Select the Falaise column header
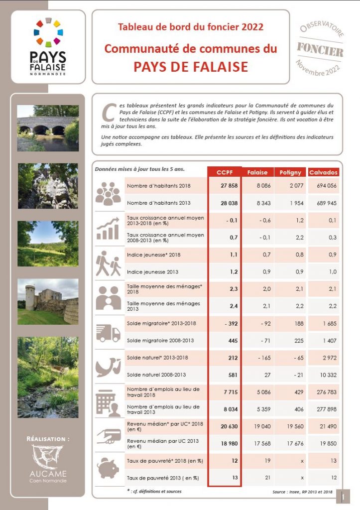coord(257,172)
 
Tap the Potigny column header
coord(290,172)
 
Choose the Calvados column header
coord(324,172)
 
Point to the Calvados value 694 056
coord(326,186)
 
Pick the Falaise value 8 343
coord(260,203)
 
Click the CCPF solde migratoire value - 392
coord(229,323)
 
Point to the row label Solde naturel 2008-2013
coord(156,375)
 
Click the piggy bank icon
coord(108,468)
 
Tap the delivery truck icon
coord(108,332)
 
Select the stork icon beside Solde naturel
coord(108,366)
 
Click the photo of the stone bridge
coord(48,128)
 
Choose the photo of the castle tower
coord(48,301)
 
